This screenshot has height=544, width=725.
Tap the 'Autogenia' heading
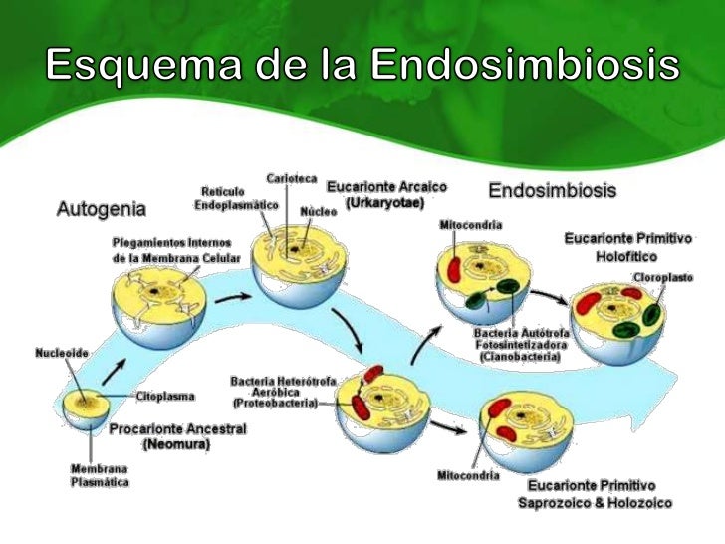coord(100,210)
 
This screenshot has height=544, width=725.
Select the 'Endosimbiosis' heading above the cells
coord(552,189)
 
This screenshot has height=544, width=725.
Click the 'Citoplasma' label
coord(165,396)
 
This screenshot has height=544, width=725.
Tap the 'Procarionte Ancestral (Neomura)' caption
coord(177,436)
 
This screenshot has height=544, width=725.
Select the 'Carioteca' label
coord(291,178)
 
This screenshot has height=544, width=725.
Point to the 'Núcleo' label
coord(319,212)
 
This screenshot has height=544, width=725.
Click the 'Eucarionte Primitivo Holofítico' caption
coord(627,247)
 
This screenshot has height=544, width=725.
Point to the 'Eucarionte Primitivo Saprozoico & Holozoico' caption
coord(595,494)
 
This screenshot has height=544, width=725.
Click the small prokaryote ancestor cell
coord(87,409)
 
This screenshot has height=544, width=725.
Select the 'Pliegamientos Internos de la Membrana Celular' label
coord(170,250)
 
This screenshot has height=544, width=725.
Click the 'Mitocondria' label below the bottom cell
coord(468,474)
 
